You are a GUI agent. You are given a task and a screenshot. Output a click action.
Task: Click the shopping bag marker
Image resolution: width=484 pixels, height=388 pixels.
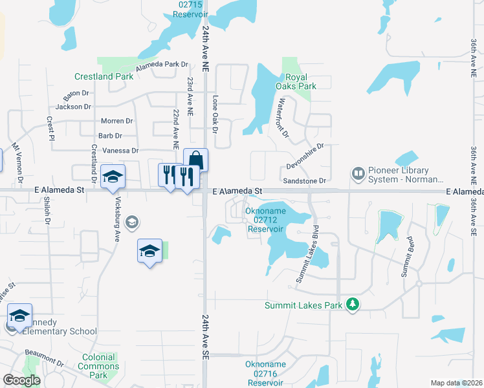point(195,160)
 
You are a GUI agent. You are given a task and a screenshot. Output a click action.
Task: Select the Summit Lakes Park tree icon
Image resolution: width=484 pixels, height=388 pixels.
point(353,304)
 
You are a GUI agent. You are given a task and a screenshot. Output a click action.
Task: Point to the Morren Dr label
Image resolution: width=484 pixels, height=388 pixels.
point(116,121)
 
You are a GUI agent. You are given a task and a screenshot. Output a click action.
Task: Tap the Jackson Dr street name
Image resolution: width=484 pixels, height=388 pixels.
point(73,107)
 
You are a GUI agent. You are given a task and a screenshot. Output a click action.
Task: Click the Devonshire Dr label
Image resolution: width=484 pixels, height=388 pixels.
point(304,157)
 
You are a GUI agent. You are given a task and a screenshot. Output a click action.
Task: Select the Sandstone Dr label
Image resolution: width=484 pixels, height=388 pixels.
point(305,180)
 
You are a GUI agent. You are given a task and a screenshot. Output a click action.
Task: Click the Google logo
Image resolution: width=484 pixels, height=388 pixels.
point(21,380)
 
